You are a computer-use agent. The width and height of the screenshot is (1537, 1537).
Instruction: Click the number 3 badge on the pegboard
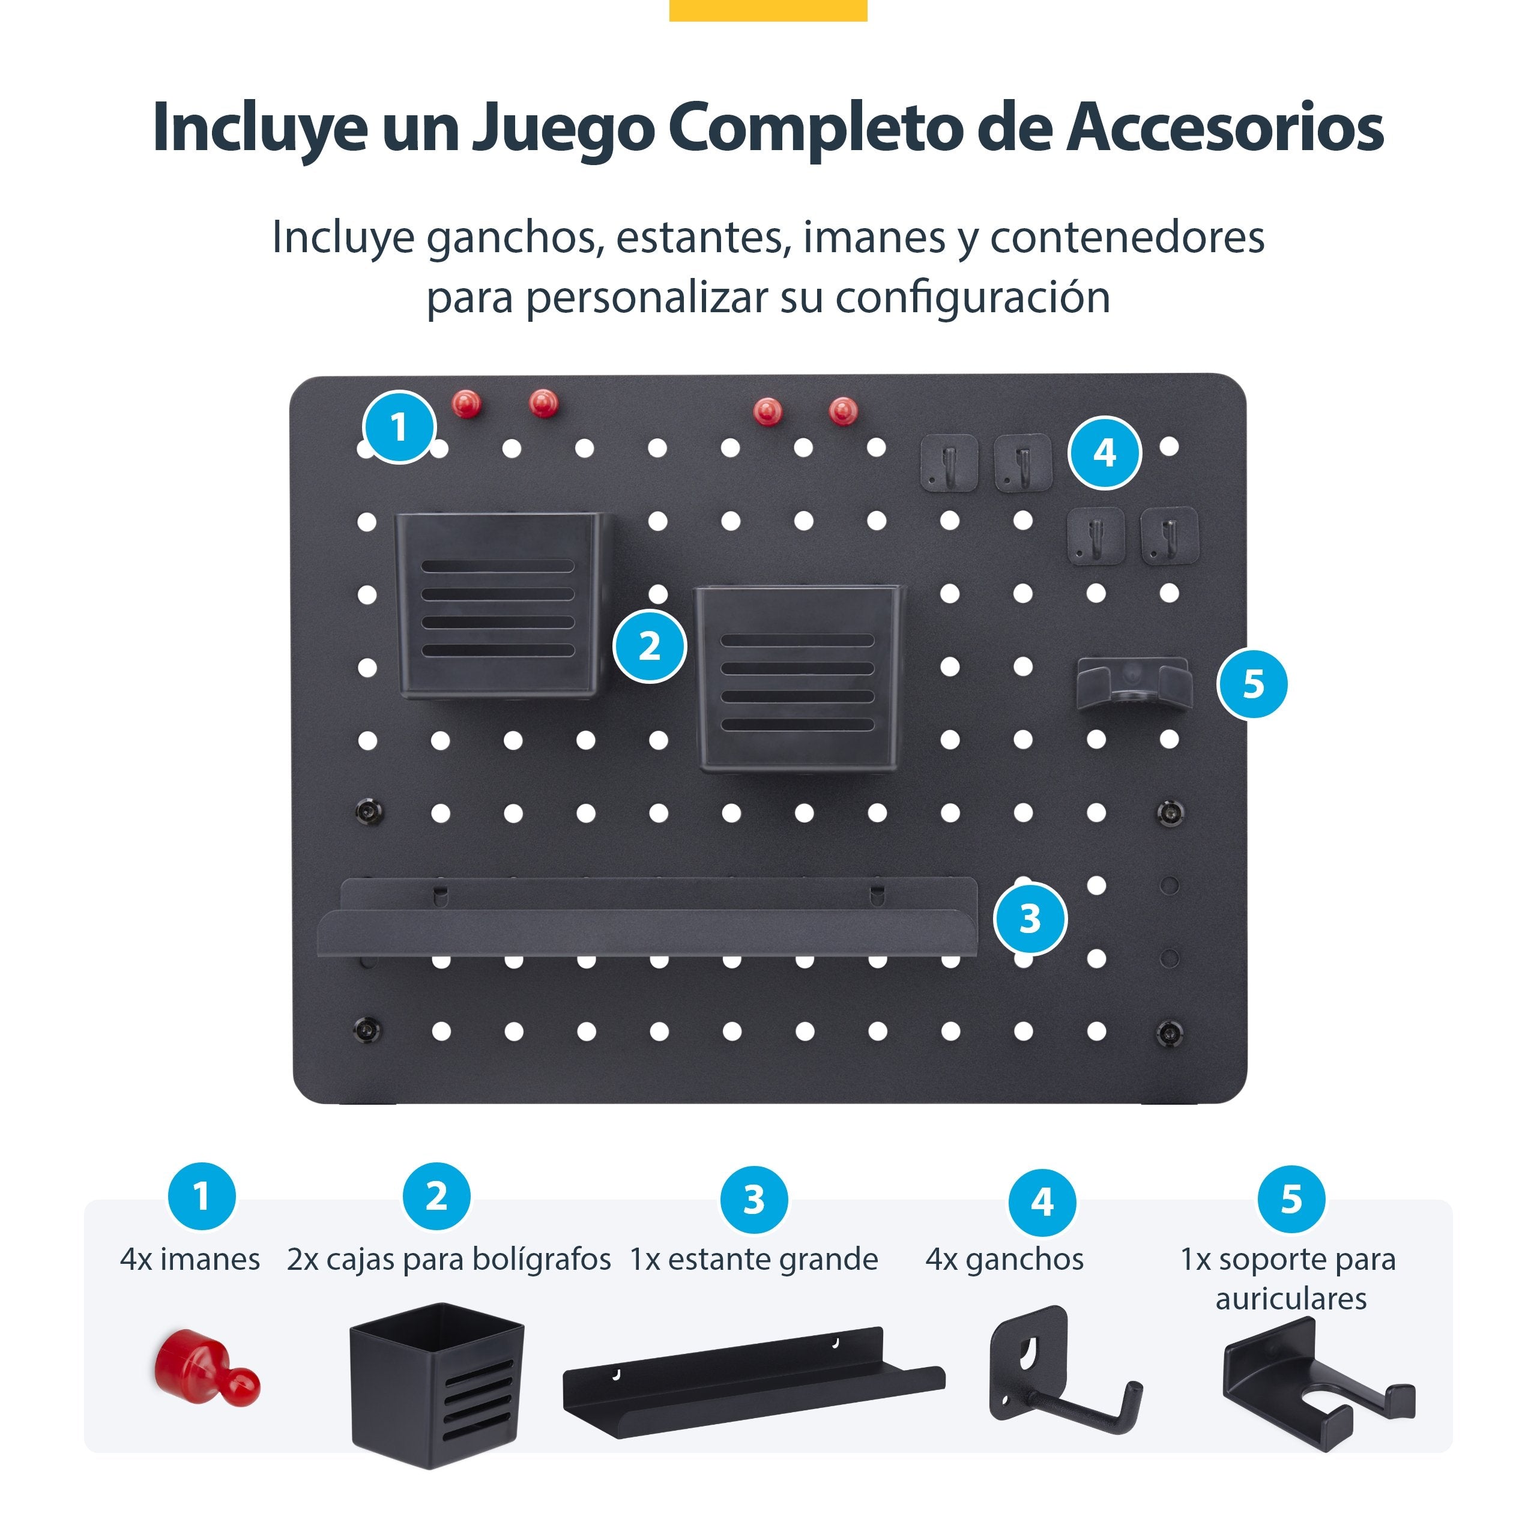click(x=1030, y=918)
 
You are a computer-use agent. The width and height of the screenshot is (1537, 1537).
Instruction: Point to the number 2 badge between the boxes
click(x=649, y=645)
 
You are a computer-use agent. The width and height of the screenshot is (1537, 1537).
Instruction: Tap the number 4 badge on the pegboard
click(x=1104, y=453)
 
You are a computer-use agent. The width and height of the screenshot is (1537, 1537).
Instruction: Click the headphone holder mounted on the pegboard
click(x=1134, y=683)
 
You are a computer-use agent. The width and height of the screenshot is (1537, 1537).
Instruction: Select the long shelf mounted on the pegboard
click(x=648, y=923)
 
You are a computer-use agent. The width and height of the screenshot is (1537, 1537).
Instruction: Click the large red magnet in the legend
click(x=205, y=1366)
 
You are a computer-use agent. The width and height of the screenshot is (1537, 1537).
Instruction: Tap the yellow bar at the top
click(x=768, y=10)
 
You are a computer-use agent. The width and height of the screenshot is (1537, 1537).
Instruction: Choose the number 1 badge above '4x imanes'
click(x=201, y=1196)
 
